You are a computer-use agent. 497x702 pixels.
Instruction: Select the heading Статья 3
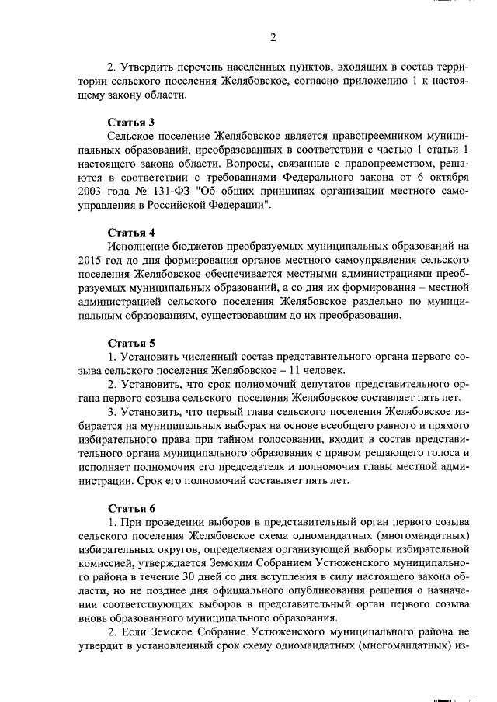[x=130, y=121]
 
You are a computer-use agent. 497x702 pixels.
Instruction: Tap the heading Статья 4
[x=130, y=232]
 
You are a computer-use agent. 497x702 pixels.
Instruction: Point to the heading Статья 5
[x=130, y=343]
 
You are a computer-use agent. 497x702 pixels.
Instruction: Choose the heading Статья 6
[x=130, y=508]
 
